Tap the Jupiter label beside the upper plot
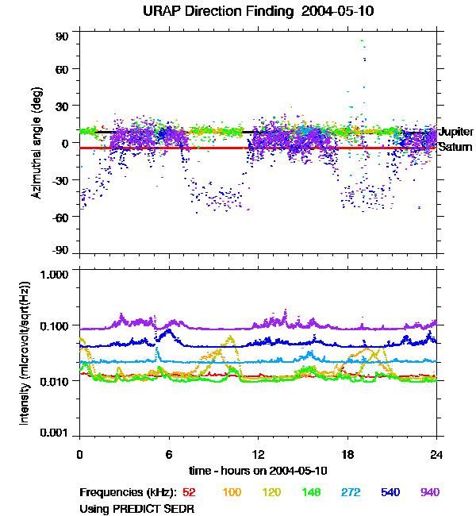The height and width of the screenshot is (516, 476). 456,132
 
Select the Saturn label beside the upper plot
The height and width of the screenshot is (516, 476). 455,147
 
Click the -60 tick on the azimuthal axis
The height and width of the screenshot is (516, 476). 60,216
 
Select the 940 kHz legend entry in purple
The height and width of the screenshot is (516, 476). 430,492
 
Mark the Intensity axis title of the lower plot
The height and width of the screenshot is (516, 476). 25,352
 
